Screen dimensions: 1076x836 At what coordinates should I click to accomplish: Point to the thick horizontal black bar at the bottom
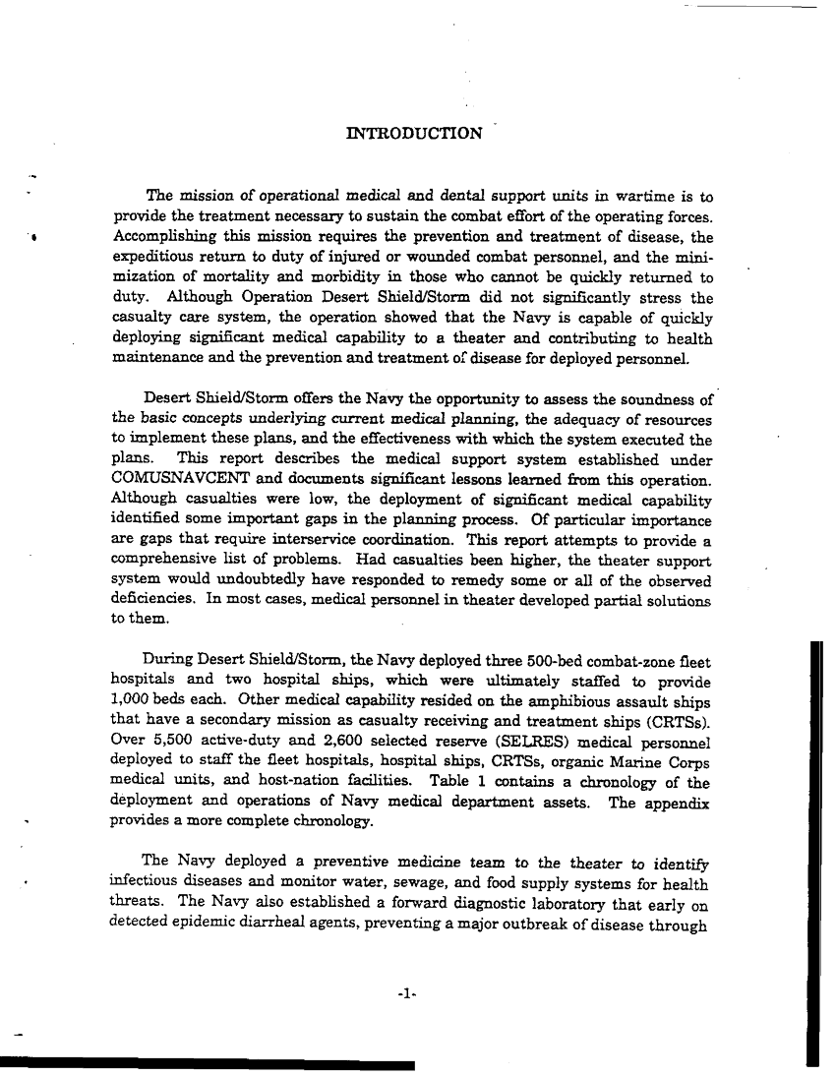207,1065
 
